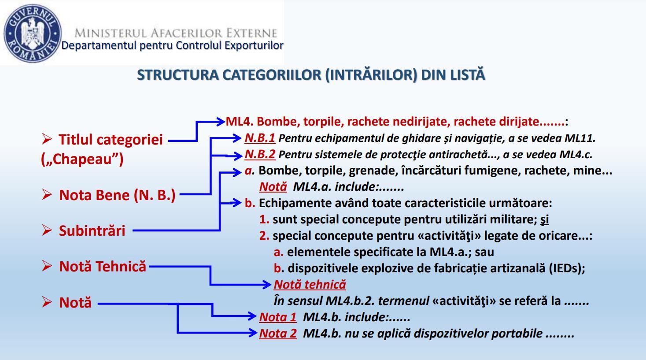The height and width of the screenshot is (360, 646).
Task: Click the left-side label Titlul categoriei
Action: click(111, 140)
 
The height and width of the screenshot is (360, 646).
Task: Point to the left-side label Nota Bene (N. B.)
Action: click(117, 195)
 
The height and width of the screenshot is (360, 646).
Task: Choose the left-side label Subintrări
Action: click(92, 230)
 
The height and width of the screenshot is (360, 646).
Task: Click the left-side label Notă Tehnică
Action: click(102, 266)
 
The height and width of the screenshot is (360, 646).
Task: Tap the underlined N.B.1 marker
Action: click(260, 138)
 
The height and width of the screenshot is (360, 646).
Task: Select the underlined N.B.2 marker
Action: click(260, 155)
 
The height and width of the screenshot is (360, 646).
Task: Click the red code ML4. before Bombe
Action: click(240, 122)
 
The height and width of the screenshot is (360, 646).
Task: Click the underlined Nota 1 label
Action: click(278, 317)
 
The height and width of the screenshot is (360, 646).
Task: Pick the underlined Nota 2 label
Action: click(278, 333)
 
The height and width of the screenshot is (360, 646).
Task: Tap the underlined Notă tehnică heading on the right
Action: click(310, 284)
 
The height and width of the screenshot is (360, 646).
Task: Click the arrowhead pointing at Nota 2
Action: click(253, 333)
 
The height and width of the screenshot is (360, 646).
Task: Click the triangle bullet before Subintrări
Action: click(47, 230)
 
